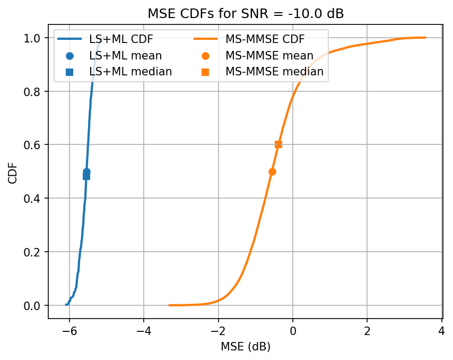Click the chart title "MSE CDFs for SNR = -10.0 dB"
[x=245, y=14]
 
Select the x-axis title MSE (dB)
[x=245, y=347]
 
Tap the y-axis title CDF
[x=13, y=172]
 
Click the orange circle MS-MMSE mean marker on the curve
[x=272, y=172]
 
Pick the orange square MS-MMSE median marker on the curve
[x=278, y=144]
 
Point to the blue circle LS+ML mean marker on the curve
[x=86, y=172]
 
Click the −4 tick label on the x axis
[x=144, y=330]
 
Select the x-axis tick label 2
[x=367, y=330]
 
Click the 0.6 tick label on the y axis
[x=34, y=145]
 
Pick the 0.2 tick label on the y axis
[x=34, y=252]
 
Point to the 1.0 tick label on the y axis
[x=34, y=38]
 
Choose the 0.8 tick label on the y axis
[x=34, y=91]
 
